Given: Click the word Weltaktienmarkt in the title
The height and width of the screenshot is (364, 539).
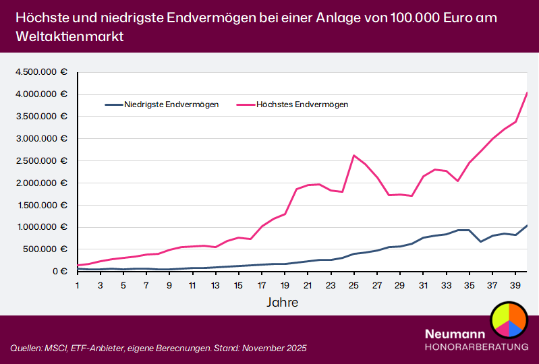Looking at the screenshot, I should (67, 36).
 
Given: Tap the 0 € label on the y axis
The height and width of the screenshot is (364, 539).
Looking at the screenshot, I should (59, 272).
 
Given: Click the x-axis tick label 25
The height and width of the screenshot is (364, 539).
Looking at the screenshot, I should (353, 285).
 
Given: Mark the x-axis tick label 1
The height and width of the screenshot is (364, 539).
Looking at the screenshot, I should (78, 285).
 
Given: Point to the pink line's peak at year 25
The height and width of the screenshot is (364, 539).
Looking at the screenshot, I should (353, 155).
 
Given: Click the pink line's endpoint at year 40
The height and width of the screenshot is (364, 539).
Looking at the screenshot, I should (526, 93).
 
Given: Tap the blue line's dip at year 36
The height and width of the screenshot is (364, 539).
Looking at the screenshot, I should (480, 241).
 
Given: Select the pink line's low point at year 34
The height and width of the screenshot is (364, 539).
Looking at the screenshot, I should (457, 181).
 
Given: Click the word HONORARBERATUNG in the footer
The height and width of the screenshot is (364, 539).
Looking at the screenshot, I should (476, 346).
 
